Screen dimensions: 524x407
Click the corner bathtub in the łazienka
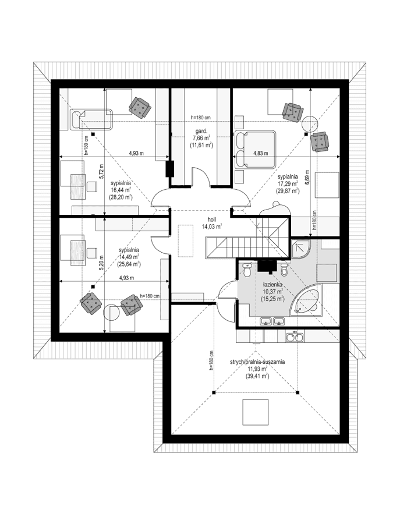[307, 299]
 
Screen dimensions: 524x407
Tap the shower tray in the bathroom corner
[299, 249]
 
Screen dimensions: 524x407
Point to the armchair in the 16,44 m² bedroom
[140, 106]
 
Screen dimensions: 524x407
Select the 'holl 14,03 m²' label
[207, 224]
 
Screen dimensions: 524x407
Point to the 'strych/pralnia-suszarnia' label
[256, 362]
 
